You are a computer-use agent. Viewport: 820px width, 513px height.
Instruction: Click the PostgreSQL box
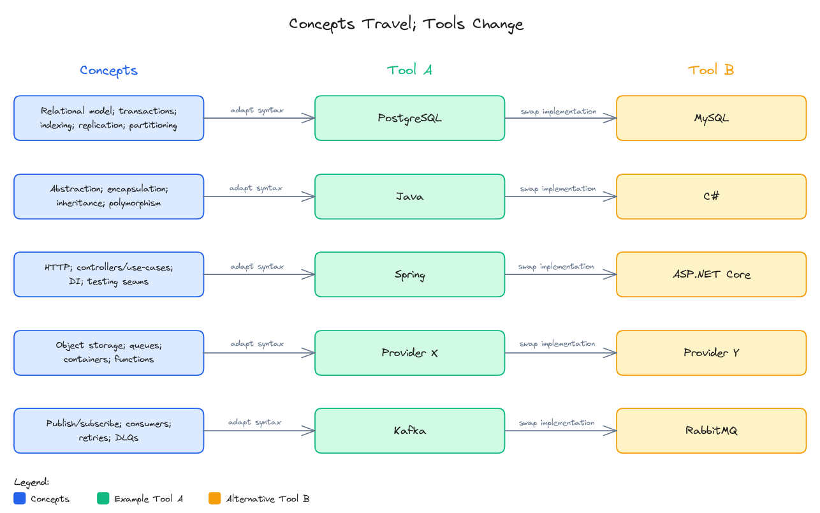click(409, 118)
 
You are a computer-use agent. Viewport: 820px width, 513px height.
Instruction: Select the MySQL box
click(711, 118)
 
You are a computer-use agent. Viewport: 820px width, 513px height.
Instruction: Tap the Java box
click(409, 197)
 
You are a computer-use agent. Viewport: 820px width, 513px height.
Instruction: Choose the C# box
click(711, 197)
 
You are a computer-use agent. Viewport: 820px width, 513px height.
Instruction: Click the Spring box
click(409, 274)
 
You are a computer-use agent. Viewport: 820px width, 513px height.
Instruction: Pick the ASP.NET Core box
click(711, 274)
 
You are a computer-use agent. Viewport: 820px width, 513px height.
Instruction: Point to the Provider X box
click(409, 353)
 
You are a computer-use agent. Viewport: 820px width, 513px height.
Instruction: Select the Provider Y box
click(711, 353)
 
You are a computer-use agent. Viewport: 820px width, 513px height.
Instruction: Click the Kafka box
click(409, 431)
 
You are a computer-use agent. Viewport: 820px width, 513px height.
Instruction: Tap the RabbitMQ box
click(711, 431)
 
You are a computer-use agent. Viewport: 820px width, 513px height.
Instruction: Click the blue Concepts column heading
click(109, 70)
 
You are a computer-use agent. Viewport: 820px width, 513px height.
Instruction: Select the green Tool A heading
click(409, 70)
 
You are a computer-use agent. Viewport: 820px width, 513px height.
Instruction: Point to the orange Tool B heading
click(711, 70)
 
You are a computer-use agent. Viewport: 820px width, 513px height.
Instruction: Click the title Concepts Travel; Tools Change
click(406, 24)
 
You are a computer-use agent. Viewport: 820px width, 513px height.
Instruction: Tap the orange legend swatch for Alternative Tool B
click(214, 498)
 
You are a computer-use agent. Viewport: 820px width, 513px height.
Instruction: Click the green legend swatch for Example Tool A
click(103, 498)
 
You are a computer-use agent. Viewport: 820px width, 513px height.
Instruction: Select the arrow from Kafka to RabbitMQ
click(561, 431)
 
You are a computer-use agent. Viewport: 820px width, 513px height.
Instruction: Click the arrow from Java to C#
click(561, 197)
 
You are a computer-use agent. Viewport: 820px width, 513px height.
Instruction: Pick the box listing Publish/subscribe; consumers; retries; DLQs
click(109, 431)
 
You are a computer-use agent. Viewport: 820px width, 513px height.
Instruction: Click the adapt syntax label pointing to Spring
click(257, 267)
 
